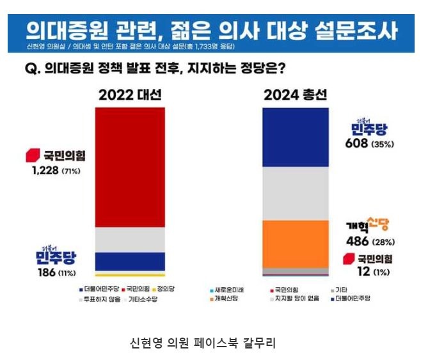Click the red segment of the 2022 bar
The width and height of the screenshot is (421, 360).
click(130, 166)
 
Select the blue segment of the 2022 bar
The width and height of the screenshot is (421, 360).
click(130, 261)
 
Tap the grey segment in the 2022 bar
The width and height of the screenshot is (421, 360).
click(130, 239)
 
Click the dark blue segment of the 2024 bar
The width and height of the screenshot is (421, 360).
click(296, 137)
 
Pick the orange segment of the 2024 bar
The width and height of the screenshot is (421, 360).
click(296, 243)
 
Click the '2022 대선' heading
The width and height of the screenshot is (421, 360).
click(130, 95)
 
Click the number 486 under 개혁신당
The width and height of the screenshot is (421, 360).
click(358, 242)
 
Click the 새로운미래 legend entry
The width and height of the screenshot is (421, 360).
click(228, 289)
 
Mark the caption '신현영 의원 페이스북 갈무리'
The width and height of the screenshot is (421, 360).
click(202, 343)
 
